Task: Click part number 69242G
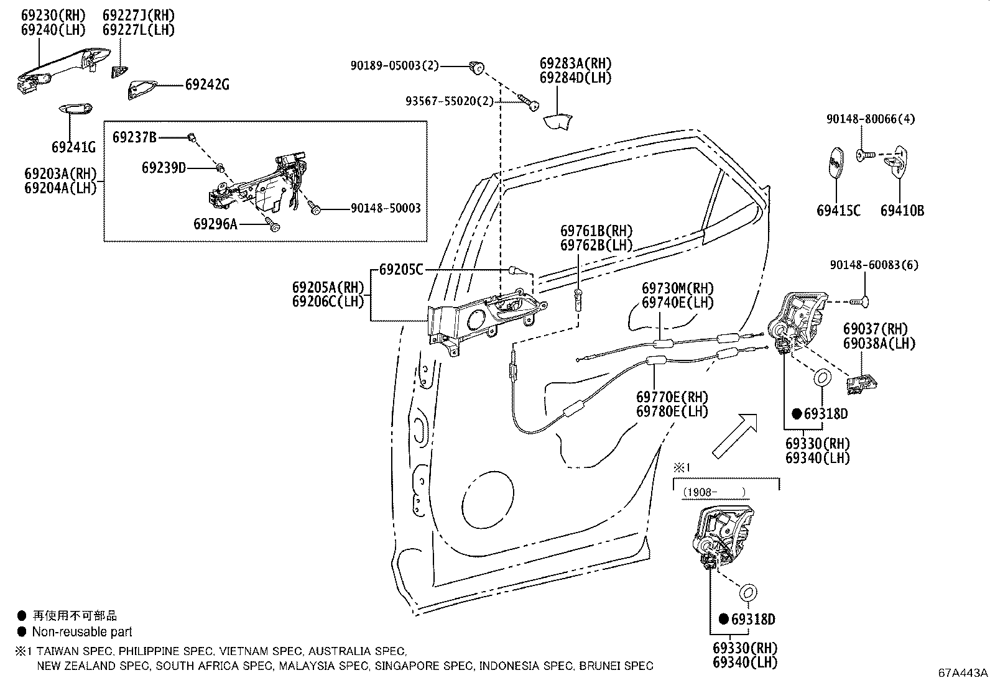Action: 206,85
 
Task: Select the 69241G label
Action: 73,147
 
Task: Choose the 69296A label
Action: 215,224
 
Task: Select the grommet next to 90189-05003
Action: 478,66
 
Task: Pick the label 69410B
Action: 902,211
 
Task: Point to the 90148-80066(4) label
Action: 871,118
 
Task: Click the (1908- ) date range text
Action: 714,492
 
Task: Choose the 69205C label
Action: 400,270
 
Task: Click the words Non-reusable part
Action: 82,632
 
